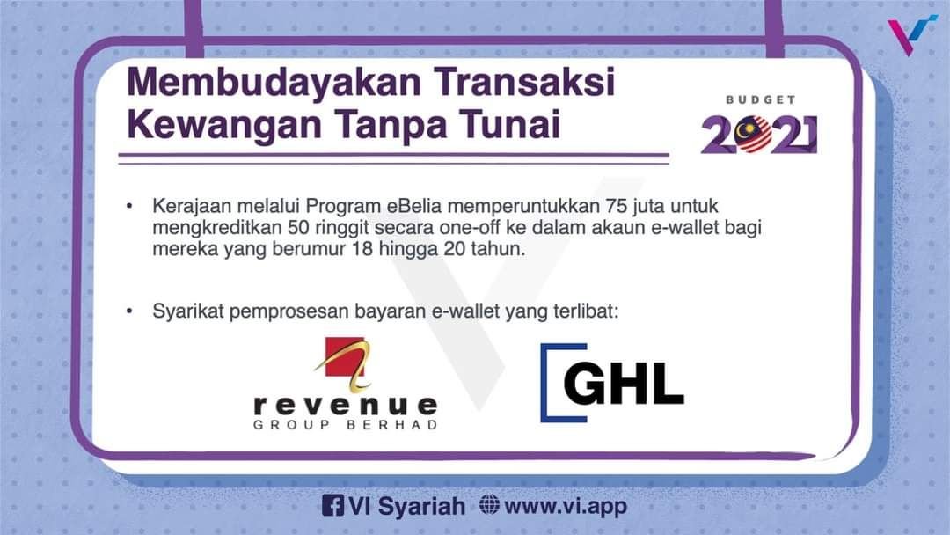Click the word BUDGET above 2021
[761, 100]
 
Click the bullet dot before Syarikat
[129, 311]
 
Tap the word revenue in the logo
[345, 406]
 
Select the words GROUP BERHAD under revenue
[345, 425]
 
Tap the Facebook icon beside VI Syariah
[332, 506]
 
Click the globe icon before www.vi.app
[489, 506]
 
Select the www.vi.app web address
[566, 506]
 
